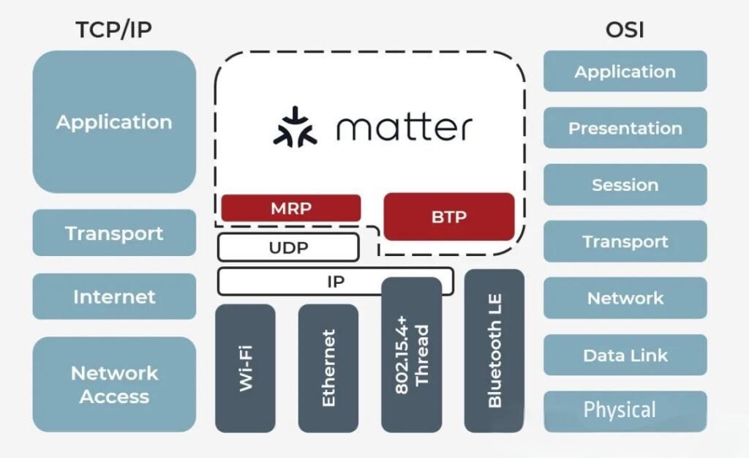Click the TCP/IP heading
click(114, 30)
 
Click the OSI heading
click(625, 30)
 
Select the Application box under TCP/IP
click(114, 121)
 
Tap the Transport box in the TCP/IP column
click(114, 233)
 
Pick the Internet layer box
click(114, 296)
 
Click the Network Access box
click(114, 384)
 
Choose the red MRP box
click(290, 208)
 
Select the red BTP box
click(448, 217)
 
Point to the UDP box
click(288, 247)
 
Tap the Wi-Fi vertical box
click(245, 368)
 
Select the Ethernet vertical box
click(328, 368)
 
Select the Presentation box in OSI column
click(625, 128)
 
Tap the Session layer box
click(625, 184)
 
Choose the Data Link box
click(625, 356)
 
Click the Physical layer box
click(625, 410)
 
